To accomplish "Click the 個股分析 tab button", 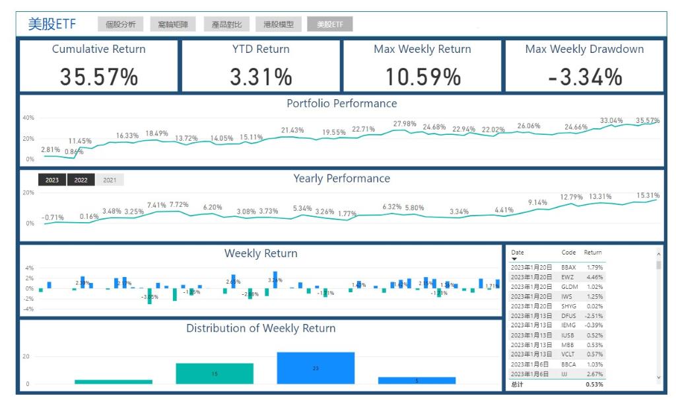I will tap(120, 24).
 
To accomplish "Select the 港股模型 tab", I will tap(278, 24).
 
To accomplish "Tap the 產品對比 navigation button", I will tap(226, 24).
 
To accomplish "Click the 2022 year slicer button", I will tap(81, 180).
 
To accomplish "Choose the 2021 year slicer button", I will tap(110, 180).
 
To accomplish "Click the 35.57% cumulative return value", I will tap(99, 77).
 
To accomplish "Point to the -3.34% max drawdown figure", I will tap(585, 77).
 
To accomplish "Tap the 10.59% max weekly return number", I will tap(422, 77).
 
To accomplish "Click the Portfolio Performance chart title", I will tap(341, 103).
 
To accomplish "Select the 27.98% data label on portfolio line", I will tap(405, 124).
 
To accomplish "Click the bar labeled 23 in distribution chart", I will tap(316, 368).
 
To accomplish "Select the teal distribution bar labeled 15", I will tap(215, 374).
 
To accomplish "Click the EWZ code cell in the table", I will tap(568, 277).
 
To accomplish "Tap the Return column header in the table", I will tap(593, 253).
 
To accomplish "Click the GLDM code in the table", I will tap(569, 287).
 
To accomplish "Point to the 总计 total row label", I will tap(518, 384).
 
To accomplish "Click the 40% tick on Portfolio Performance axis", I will tap(28, 118).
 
